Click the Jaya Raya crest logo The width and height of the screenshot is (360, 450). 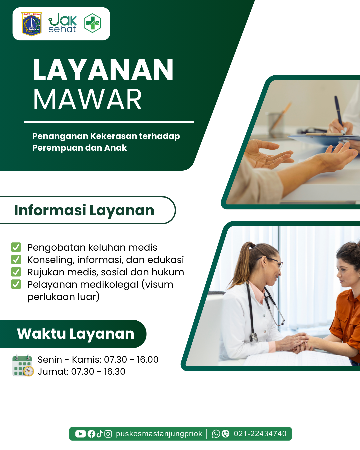click(x=32, y=24)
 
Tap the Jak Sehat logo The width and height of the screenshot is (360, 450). click(x=63, y=23)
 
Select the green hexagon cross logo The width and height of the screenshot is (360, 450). click(x=92, y=23)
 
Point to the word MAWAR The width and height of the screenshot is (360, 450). click(x=87, y=99)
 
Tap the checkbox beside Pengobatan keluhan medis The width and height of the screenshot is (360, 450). click(x=16, y=247)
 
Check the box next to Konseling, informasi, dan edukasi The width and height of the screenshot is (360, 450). click(x=16, y=259)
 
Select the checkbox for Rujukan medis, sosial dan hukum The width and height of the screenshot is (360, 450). click(x=16, y=272)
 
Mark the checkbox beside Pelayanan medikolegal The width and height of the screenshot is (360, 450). click(x=16, y=284)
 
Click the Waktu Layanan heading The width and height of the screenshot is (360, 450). click(x=76, y=334)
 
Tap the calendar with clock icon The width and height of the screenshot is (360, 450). click(x=23, y=366)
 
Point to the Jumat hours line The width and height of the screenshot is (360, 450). click(x=81, y=372)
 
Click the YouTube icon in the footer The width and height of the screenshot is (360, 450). click(x=80, y=434)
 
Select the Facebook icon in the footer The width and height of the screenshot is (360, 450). click(x=91, y=434)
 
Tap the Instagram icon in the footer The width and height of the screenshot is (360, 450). click(x=108, y=434)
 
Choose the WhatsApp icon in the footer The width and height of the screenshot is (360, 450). click(x=216, y=434)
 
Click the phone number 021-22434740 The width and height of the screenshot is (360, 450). click(x=260, y=434)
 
